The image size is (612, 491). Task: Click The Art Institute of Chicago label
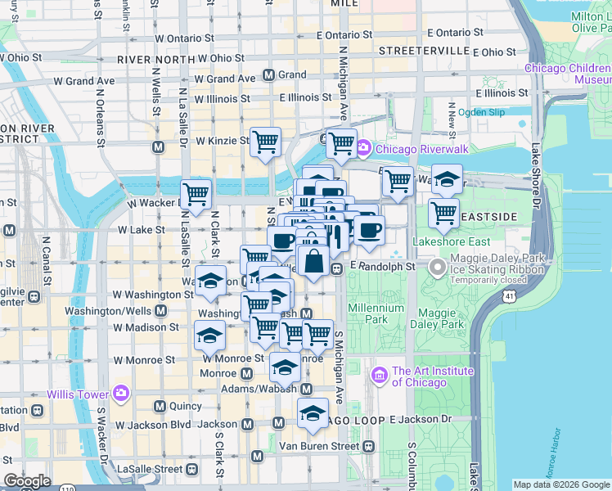pyautogui.click(x=433, y=376)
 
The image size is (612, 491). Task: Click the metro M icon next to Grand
pyautogui.click(x=268, y=75)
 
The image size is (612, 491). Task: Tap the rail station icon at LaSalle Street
pyautogui.click(x=192, y=470)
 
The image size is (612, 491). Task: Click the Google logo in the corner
pyautogui.click(x=27, y=481)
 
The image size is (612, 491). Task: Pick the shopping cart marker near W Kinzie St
pyautogui.click(x=265, y=142)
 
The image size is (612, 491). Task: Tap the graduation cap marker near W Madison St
pyautogui.click(x=209, y=335)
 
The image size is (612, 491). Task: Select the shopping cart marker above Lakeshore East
pyautogui.click(x=443, y=212)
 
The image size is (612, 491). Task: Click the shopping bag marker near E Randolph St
pyautogui.click(x=313, y=262)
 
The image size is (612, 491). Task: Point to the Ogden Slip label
pyautogui.click(x=483, y=112)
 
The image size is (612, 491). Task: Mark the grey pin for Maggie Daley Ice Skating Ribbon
pyautogui.click(x=437, y=268)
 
